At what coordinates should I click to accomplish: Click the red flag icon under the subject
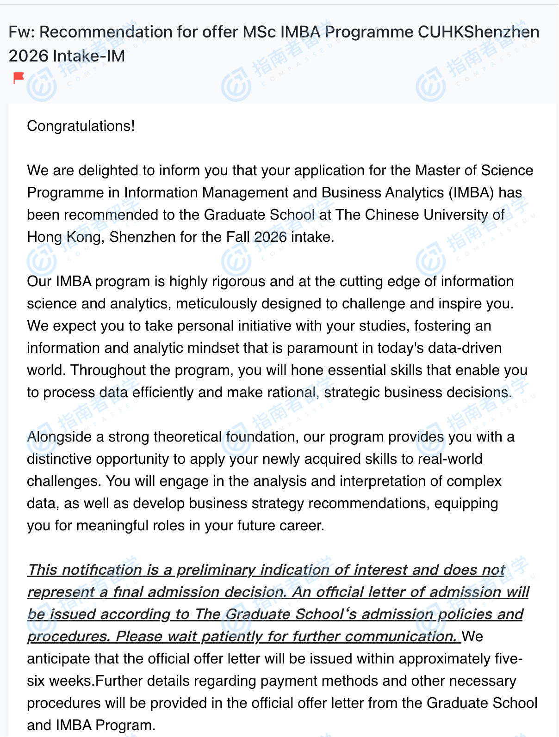click(19, 78)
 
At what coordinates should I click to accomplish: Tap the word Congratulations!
click(81, 126)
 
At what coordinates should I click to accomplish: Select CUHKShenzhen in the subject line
click(478, 32)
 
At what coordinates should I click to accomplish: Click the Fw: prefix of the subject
click(22, 32)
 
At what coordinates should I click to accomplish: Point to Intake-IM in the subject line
click(89, 56)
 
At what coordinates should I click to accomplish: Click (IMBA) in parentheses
click(471, 192)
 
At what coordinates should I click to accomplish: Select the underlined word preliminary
click(216, 570)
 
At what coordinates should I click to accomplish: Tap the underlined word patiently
click(232, 636)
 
